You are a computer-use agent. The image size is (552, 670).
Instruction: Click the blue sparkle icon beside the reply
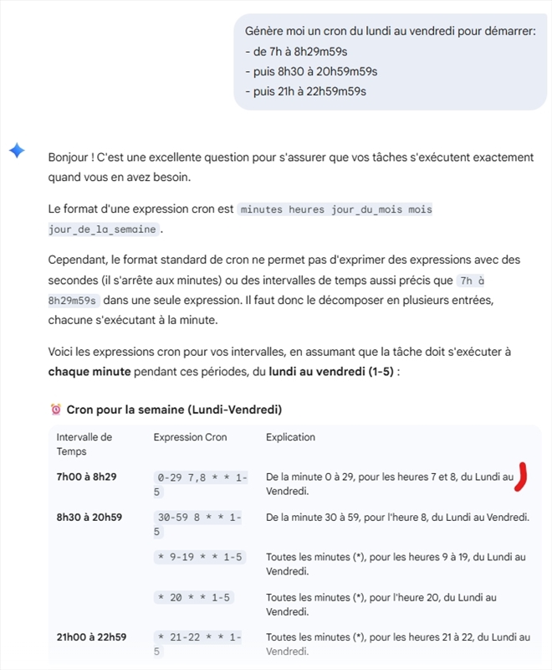click(17, 150)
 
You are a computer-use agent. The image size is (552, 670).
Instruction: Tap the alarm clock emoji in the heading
click(56, 410)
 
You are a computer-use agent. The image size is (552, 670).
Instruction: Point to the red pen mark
click(522, 476)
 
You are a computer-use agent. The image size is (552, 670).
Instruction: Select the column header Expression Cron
click(190, 437)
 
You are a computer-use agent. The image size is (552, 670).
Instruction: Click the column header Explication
click(290, 437)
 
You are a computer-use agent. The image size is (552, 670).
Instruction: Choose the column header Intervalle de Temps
click(84, 444)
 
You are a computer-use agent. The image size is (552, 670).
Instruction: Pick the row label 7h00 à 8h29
click(86, 477)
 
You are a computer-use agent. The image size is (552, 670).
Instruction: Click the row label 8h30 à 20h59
click(89, 517)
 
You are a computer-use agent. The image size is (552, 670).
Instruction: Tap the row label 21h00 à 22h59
click(91, 637)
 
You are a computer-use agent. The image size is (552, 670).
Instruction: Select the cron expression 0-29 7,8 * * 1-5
click(201, 484)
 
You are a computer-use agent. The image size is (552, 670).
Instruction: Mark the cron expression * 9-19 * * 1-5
click(201, 557)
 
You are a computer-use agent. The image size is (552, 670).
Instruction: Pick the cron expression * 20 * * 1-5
click(195, 597)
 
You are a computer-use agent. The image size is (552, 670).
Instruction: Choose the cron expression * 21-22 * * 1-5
click(199, 645)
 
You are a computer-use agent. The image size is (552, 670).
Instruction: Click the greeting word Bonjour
click(69, 157)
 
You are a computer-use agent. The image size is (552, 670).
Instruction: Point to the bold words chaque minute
click(88, 370)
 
